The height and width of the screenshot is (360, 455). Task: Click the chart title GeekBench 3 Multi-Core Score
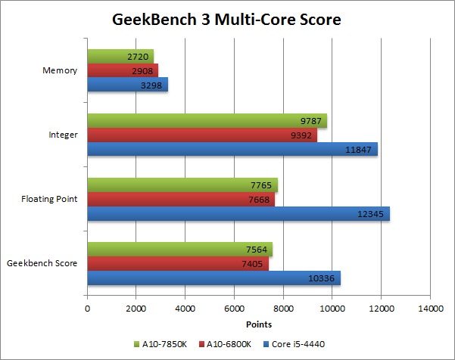(x=226, y=18)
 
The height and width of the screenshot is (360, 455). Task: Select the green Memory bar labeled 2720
(x=120, y=57)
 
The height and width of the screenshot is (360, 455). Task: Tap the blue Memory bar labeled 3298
(x=127, y=85)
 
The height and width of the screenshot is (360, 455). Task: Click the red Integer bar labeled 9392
(x=202, y=135)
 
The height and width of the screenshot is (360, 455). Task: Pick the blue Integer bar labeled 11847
(x=232, y=150)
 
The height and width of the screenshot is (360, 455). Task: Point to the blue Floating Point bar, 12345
(x=238, y=214)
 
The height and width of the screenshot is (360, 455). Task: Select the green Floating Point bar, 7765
(x=182, y=185)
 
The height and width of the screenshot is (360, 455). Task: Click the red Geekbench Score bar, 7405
(x=178, y=263)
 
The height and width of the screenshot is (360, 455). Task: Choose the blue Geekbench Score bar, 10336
(x=213, y=278)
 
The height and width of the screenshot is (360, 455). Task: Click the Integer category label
(x=63, y=135)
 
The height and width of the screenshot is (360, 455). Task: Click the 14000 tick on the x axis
(x=429, y=309)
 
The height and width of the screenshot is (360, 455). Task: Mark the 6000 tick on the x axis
(x=235, y=309)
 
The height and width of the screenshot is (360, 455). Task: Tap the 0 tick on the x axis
(x=88, y=309)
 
